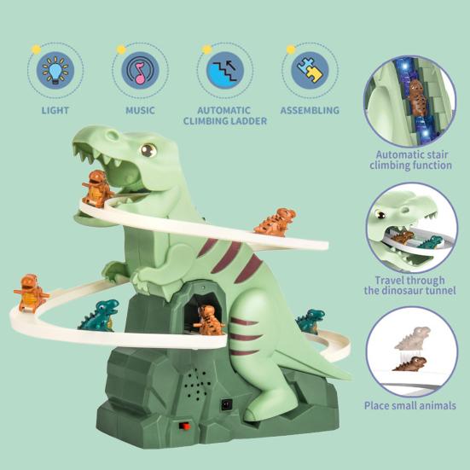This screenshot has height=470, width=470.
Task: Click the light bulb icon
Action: click(x=55, y=70)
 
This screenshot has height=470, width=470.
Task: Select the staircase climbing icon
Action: click(x=225, y=71)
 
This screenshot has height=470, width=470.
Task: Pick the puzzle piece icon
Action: click(x=310, y=70)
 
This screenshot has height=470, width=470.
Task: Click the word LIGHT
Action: click(x=55, y=110)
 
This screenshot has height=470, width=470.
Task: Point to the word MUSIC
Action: click(x=140, y=110)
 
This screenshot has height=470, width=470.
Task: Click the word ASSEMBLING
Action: click(x=310, y=110)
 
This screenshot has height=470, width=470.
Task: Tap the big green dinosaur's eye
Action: click(x=148, y=150)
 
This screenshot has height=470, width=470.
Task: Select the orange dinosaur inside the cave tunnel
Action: click(x=208, y=321)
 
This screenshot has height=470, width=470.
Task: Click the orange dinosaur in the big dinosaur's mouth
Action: click(x=96, y=189)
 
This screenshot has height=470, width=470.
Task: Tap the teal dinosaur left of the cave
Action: click(x=99, y=316)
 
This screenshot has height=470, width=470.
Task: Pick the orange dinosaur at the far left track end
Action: click(x=31, y=293)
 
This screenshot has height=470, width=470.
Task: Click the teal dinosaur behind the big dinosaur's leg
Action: click(x=310, y=322)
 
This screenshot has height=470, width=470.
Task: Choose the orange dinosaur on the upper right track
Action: click(x=276, y=222)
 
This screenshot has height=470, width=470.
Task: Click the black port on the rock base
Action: click(x=227, y=405)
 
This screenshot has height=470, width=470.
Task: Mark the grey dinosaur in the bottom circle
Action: click(x=413, y=338)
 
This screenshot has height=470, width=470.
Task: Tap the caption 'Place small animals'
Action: click(x=410, y=405)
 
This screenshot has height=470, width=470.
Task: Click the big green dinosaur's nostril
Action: click(x=112, y=135)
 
